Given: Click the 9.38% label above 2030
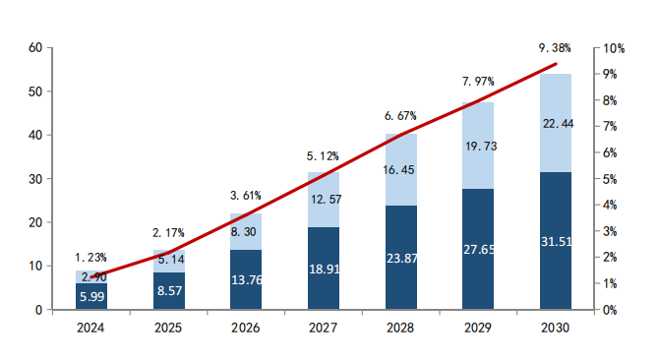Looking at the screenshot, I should point(556,47).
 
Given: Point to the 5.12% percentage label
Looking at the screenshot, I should point(323,155).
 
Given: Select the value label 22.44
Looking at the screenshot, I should point(556,123).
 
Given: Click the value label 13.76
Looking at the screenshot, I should point(246,280).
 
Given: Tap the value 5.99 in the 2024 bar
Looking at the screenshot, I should point(90,297).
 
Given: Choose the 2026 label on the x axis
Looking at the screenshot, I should point(246,328).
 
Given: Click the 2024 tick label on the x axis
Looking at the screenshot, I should point(90,328).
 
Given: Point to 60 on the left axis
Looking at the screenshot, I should point(35,47).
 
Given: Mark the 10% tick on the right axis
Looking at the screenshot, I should point(614,48).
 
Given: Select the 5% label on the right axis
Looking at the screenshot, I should point(611,179).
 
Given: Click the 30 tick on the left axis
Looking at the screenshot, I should point(35,179).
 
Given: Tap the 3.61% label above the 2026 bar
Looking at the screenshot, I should point(246,195).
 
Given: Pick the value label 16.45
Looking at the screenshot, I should point(400,169).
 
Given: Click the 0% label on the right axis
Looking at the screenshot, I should point(611,310).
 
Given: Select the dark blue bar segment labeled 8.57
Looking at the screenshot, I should point(168,292).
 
